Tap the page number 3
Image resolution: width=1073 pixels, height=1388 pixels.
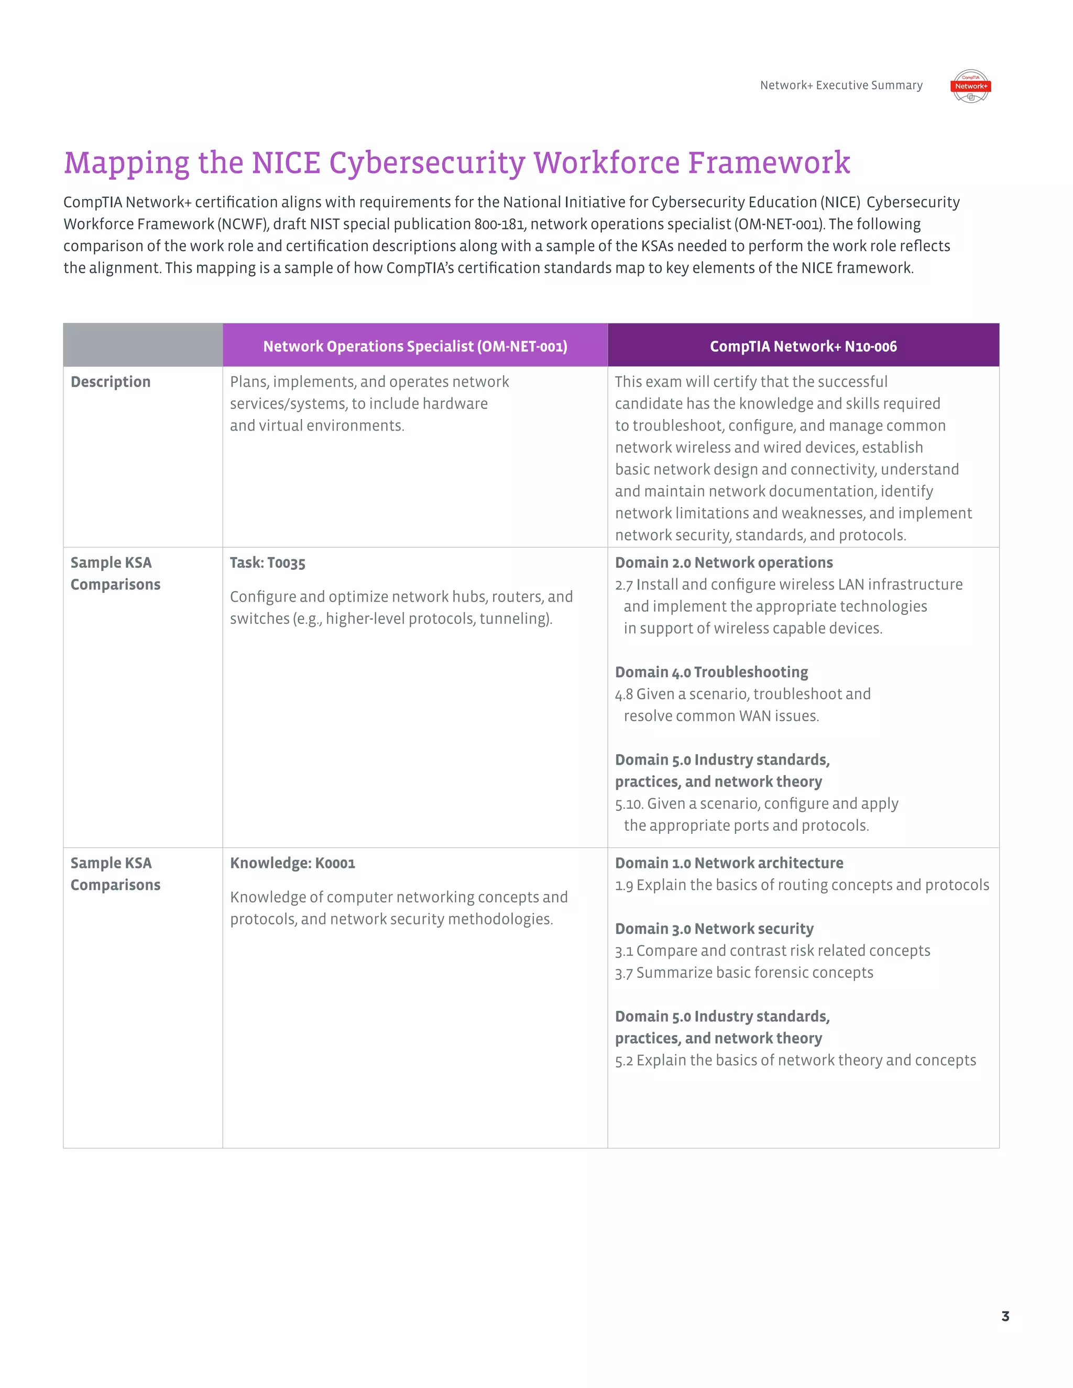(1005, 1316)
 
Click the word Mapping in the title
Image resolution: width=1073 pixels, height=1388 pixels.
(126, 163)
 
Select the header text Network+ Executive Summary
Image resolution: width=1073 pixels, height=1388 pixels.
(841, 85)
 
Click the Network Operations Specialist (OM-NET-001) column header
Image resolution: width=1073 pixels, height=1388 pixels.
(415, 346)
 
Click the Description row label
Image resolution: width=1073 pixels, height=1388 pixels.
(111, 382)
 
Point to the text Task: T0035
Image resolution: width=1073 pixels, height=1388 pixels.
(268, 563)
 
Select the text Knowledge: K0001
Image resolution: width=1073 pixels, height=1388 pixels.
(292, 863)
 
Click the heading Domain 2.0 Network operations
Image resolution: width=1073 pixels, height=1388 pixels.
(724, 563)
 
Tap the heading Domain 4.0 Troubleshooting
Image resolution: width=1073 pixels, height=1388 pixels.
(711, 673)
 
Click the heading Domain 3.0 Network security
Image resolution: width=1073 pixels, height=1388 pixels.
(714, 929)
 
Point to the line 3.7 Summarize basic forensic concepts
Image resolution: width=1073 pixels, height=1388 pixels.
(744, 973)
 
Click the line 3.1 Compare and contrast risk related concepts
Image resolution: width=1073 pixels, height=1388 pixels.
(772, 951)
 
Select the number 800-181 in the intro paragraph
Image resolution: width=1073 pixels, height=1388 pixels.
(500, 224)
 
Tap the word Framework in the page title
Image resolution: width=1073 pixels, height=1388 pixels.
(769, 163)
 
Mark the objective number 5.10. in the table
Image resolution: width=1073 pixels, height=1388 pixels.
(629, 805)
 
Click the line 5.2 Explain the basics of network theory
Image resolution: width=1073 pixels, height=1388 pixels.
(795, 1061)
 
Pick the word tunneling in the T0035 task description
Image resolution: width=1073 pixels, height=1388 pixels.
(513, 619)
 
